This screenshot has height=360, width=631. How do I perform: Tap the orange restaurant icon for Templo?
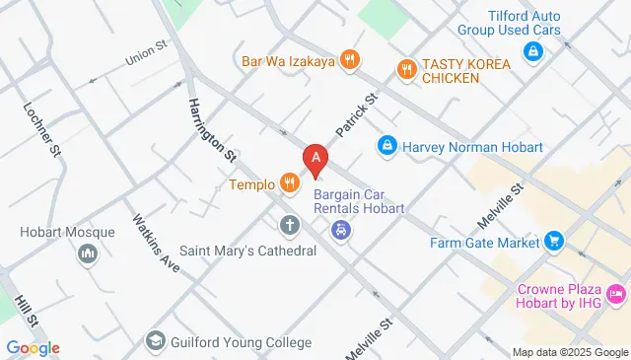click(289, 182)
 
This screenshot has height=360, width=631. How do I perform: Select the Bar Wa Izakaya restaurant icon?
click(348, 61)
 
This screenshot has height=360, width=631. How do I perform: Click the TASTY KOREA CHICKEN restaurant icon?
click(404, 69)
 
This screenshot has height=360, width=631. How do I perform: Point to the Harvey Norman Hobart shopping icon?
click(388, 147)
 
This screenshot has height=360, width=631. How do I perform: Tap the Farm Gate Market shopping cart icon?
click(554, 242)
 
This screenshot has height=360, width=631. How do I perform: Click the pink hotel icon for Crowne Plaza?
click(616, 294)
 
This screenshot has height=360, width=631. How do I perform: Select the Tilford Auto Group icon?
click(532, 50)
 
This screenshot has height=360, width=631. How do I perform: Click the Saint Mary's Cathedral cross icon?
click(289, 226)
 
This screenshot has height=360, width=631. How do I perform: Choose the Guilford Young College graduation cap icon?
click(156, 342)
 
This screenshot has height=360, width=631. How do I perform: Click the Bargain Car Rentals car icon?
click(341, 232)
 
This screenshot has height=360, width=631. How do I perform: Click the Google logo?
click(33, 347)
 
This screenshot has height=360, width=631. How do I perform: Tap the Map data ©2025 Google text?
click(570, 352)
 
